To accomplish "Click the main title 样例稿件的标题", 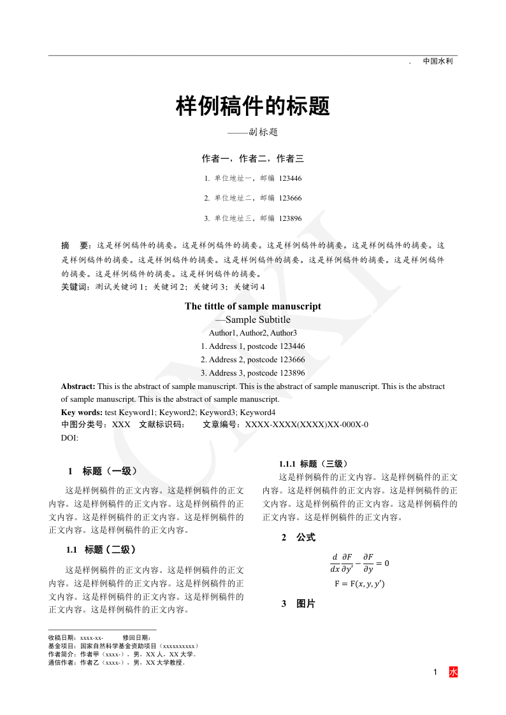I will point(253,106).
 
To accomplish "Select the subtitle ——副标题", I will point(253,132).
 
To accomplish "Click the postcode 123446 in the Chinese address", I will point(291,178).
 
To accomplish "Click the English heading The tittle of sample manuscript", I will point(253,306).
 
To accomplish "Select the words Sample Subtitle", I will point(257,320).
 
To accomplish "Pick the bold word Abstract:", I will point(78,386).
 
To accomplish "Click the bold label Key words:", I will point(82,412).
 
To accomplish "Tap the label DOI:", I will point(69,437).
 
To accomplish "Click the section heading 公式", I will point(306,538).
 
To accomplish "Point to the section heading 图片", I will point(306,604).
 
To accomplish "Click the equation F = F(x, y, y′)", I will point(359,584).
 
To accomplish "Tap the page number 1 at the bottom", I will point(435,672).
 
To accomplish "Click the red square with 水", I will point(453,672).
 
